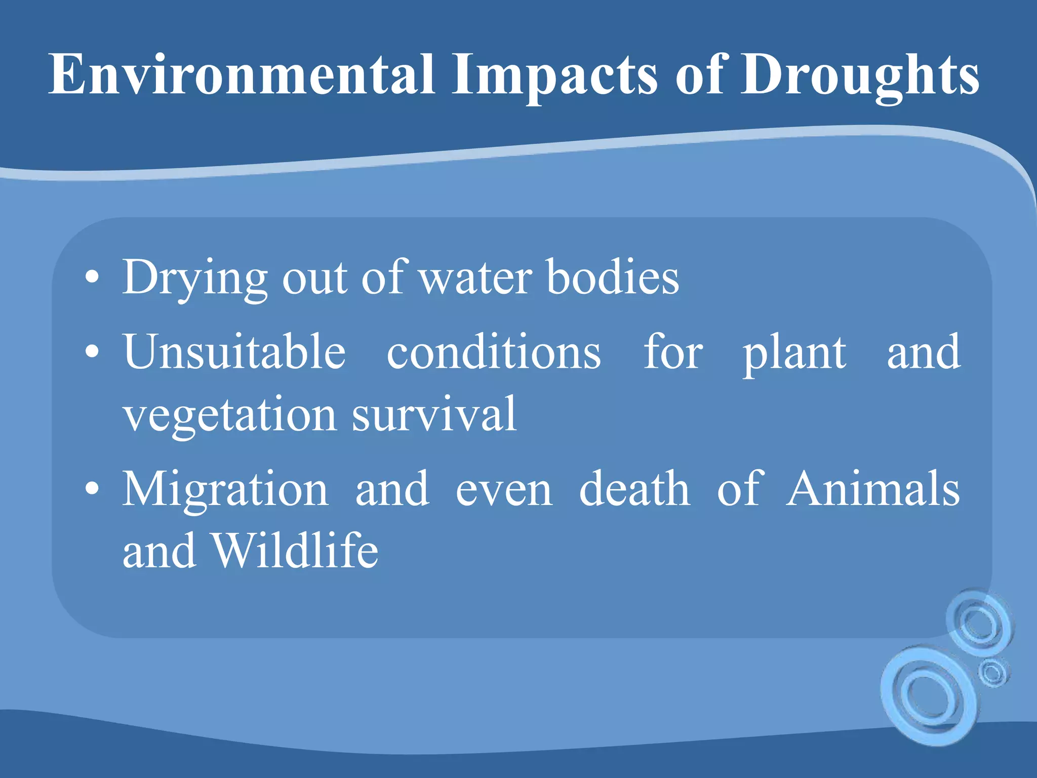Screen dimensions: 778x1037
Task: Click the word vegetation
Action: (230, 415)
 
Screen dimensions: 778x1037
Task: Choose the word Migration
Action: (225, 488)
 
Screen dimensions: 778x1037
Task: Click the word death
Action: (634, 488)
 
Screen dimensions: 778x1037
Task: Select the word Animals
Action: (873, 488)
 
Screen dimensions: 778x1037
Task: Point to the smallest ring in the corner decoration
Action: (992, 673)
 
